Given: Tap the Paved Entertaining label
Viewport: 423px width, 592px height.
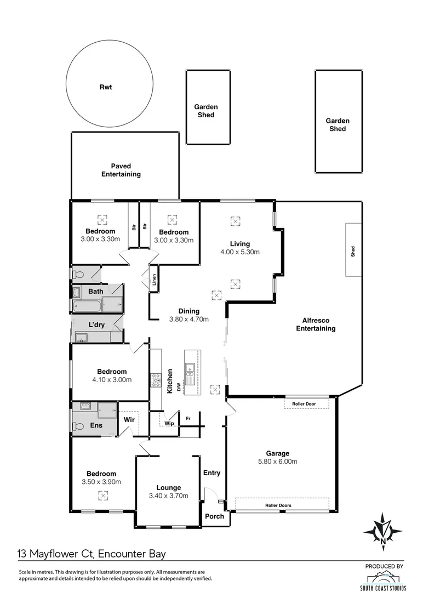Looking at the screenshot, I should tap(121, 170).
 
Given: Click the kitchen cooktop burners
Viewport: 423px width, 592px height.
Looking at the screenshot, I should tap(155, 380).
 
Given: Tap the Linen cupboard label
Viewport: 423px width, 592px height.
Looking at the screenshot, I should tap(155, 280).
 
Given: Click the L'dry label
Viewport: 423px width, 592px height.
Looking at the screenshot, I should tap(96, 325).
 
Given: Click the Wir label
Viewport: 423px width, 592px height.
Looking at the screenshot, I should tap(129, 420).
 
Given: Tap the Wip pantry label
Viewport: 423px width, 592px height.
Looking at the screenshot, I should tap(169, 424).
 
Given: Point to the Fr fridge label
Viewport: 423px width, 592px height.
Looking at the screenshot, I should tap(188, 419).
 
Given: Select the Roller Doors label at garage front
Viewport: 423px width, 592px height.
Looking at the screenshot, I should tap(278, 505).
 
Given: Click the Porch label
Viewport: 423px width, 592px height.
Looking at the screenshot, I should tap(214, 516).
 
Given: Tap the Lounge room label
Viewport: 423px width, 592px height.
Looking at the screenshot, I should tap(169, 487).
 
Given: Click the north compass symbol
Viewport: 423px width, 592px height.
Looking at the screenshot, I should tap(382, 531).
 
